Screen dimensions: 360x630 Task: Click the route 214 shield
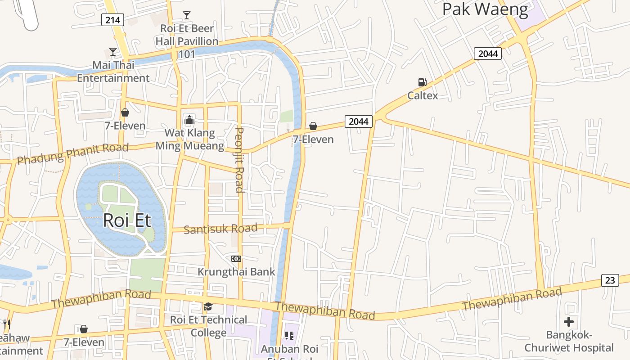click(x=112, y=20)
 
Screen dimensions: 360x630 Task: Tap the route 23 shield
click(x=610, y=280)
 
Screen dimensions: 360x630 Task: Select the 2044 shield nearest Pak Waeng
click(x=488, y=54)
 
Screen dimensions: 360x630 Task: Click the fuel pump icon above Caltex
click(x=422, y=82)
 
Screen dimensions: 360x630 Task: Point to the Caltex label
click(x=423, y=95)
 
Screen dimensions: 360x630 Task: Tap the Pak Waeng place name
click(x=485, y=9)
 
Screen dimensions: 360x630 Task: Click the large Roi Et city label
click(x=127, y=221)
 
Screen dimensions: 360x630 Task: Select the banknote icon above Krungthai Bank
click(x=236, y=259)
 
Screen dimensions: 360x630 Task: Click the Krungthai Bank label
click(x=236, y=272)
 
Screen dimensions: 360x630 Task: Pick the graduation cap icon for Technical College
click(x=208, y=307)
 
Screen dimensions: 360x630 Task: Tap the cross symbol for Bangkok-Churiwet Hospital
click(x=569, y=322)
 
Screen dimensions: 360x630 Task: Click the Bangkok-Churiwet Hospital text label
click(x=569, y=341)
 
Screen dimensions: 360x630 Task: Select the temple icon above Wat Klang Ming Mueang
click(x=189, y=120)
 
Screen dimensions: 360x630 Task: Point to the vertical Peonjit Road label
click(x=240, y=160)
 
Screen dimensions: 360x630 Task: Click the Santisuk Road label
click(x=220, y=229)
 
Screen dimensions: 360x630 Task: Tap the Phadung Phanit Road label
click(x=72, y=153)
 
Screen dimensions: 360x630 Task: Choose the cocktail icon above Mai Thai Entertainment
click(x=113, y=52)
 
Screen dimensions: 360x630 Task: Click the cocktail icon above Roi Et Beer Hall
click(x=186, y=15)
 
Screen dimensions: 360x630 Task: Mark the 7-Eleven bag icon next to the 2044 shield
click(x=313, y=126)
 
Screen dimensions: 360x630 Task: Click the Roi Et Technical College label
click(x=208, y=326)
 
